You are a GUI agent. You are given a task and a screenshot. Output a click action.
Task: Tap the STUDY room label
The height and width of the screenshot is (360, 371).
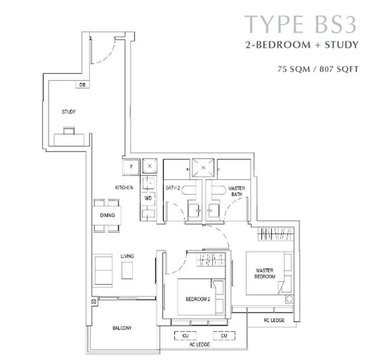[x=68, y=112]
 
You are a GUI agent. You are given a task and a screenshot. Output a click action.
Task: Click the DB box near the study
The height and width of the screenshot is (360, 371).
[x=82, y=85]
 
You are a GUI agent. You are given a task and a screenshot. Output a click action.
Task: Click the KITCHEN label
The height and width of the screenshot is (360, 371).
[x=124, y=188]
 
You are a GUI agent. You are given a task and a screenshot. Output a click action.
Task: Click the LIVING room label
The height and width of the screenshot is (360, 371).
[x=127, y=256]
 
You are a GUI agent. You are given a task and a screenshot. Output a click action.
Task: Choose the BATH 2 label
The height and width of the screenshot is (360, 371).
[x=173, y=188]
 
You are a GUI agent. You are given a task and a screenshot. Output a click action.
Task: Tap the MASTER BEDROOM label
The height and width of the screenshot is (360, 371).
[x=264, y=274]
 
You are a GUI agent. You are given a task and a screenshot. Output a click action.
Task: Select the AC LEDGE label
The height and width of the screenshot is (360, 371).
[x=205, y=346]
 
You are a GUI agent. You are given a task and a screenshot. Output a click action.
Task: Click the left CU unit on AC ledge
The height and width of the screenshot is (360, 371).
[x=185, y=336]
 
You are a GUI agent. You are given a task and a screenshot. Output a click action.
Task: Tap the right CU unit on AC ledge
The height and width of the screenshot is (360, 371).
[x=223, y=336]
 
